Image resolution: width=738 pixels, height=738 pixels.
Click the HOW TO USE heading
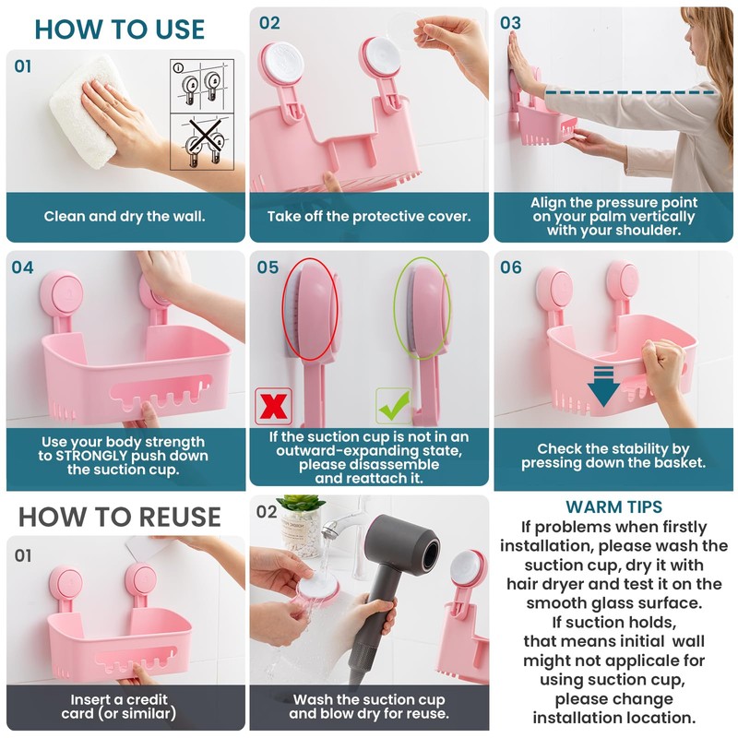(x=120, y=29)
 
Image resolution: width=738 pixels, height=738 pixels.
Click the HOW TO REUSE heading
(x=120, y=516)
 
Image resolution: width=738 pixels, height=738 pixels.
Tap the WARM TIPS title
(x=614, y=507)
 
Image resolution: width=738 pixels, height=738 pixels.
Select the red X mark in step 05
(x=273, y=407)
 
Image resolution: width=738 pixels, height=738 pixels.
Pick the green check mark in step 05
(x=394, y=406)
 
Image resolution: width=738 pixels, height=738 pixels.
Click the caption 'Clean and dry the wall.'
(x=125, y=217)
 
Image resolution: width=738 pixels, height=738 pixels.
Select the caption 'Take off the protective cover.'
(x=369, y=217)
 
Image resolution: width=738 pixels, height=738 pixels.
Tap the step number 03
(x=510, y=22)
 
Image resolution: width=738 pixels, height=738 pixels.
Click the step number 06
(x=510, y=268)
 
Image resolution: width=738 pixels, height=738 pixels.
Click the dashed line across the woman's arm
(x=627, y=91)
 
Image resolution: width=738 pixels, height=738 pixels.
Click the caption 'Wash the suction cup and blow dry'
(x=369, y=707)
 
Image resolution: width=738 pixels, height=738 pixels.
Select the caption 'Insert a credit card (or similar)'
(x=125, y=707)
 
